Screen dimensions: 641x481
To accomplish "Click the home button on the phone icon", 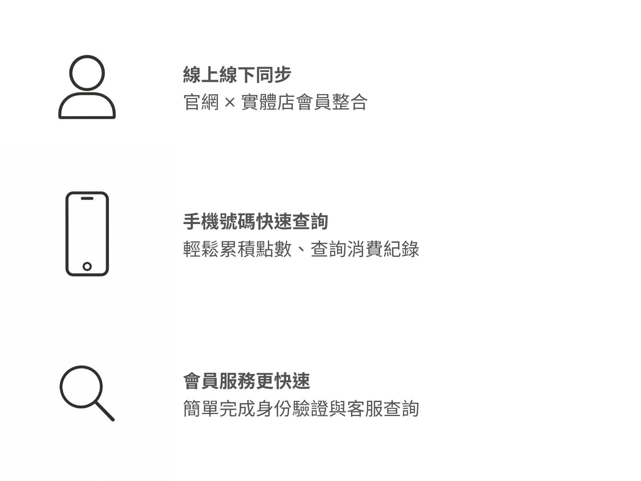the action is coord(87,266).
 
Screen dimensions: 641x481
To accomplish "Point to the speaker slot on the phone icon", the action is coord(87,198).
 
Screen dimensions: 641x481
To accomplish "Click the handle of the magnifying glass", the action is coord(105,412).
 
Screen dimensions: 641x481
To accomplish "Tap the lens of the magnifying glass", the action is coord(81,367).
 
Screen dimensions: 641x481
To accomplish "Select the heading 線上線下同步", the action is coord(237,75).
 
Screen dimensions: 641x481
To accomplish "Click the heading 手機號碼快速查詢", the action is coord(256,222).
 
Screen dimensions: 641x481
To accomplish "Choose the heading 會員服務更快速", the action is coord(246,381).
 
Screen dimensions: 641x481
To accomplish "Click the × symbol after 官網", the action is coord(230,103).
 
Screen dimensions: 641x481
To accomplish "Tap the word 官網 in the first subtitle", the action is coord(201,102).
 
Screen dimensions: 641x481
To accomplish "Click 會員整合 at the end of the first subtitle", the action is coord(332,102).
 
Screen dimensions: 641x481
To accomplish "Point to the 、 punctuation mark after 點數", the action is coord(301,250).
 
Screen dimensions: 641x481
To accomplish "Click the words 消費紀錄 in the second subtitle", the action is coord(383,249).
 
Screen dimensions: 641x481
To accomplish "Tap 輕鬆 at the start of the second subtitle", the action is coord(201,249).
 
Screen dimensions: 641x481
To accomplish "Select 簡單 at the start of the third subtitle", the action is coord(201,408).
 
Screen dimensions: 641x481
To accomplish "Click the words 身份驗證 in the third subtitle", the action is coord(292,408).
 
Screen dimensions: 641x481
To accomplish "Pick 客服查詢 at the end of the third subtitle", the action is coord(383,408).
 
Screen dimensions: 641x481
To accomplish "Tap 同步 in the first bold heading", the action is coord(273,75).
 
